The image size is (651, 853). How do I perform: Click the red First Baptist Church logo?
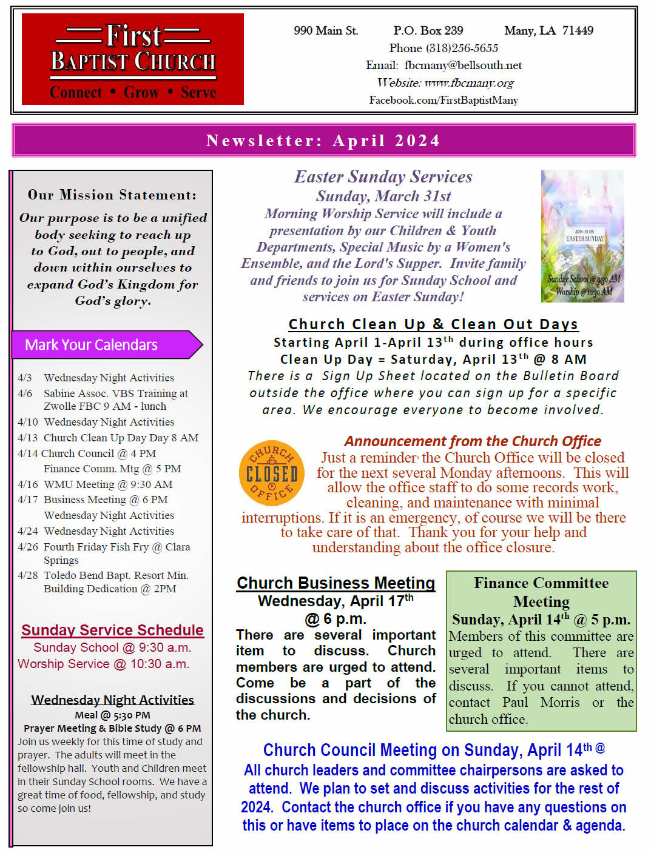133,59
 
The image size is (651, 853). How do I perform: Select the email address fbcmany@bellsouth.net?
463,65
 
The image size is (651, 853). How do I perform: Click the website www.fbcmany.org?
469,83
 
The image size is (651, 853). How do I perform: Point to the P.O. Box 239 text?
428,30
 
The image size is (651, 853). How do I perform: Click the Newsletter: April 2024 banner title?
323,141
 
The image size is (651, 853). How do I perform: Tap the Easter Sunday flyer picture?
582,236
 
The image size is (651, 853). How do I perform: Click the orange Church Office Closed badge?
272,473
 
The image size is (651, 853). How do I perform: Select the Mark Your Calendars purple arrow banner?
107,345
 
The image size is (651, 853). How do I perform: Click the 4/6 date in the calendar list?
25,393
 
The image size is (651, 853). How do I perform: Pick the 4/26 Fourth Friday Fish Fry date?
28,547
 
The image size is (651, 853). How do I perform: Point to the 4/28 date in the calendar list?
28,575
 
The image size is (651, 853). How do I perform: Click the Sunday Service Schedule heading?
112,630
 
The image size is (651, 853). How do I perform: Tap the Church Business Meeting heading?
336,583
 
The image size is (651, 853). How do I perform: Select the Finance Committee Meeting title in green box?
541,592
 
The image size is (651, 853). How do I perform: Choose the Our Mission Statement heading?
112,195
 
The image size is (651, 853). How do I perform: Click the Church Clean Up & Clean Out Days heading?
433,324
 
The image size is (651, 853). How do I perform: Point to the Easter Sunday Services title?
383,176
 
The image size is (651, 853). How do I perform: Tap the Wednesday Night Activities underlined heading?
112,700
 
